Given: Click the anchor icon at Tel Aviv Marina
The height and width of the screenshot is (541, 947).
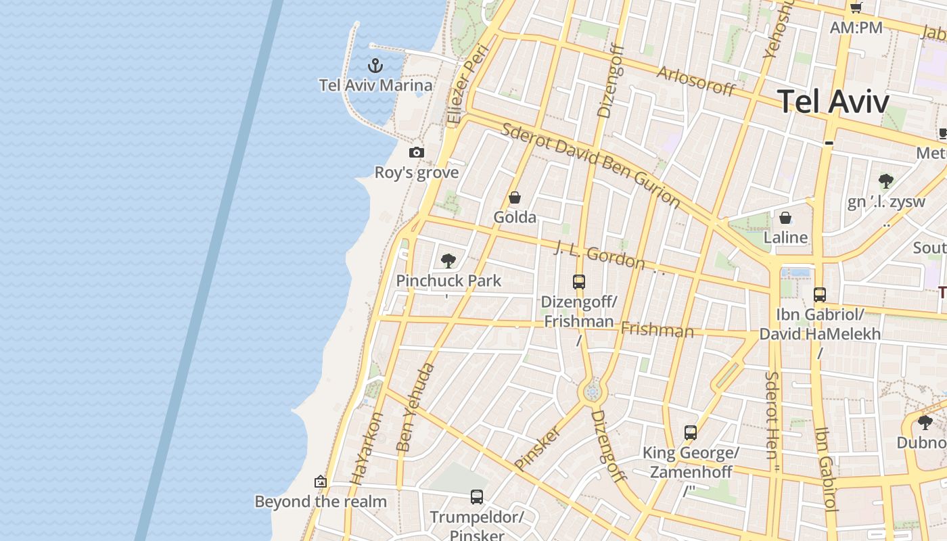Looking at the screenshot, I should [375, 66].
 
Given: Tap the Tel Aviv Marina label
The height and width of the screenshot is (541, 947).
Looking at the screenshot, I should [375, 85].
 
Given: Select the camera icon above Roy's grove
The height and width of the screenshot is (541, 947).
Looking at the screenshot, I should [417, 153].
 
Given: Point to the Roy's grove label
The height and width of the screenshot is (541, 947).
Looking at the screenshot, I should [417, 172].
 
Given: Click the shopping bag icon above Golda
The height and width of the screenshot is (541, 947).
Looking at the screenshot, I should [515, 197].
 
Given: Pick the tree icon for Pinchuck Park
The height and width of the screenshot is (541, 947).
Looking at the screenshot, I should [448, 261].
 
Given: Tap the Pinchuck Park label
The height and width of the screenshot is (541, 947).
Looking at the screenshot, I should [448, 281].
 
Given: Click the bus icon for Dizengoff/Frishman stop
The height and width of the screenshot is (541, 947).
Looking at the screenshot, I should [579, 282].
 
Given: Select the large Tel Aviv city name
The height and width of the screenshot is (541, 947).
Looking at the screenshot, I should [833, 101].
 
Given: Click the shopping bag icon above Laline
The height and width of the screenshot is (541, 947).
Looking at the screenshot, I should [785, 218].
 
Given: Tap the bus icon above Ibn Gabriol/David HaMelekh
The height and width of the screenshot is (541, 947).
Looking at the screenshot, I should [820, 295].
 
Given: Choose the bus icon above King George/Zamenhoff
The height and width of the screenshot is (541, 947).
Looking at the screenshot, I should [691, 433].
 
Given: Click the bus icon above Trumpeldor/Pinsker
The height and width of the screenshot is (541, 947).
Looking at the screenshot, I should [477, 497].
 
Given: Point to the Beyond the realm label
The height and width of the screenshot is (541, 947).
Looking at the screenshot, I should [321, 502].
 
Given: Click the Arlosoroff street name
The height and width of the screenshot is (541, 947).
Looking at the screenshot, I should [695, 81].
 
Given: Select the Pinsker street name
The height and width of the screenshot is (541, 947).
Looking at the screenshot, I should [538, 448].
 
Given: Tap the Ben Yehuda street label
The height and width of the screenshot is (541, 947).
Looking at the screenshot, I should [415, 407].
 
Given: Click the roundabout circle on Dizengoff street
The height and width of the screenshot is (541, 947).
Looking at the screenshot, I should [593, 392].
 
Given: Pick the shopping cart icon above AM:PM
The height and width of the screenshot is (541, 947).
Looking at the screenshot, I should [856, 8].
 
